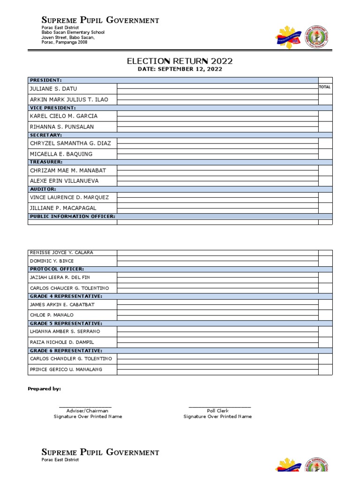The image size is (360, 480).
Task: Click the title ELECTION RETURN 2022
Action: point(180,61)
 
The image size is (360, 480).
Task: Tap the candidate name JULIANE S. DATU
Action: point(53,89)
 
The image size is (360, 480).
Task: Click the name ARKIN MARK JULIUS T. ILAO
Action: point(69,99)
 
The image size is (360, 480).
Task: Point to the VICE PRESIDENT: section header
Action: point(52,108)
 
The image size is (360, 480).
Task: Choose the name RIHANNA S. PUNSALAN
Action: point(62,127)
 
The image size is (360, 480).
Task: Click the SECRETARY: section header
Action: point(46,135)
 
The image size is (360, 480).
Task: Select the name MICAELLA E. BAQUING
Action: point(61,154)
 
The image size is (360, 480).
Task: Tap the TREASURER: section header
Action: point(46,162)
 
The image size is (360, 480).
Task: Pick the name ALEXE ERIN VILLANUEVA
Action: point(64,181)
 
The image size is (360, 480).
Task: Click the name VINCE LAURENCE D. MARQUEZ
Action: point(69,197)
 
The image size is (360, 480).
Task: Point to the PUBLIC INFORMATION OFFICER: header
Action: point(72,217)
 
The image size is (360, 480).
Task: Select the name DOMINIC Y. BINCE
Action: point(52,261)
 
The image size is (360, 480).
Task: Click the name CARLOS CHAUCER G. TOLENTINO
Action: point(69,288)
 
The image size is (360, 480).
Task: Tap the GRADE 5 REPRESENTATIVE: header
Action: point(66,323)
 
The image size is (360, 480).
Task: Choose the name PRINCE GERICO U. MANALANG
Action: point(66,369)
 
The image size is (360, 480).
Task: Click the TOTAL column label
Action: point(325,87)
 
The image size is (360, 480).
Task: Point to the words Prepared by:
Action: point(44,389)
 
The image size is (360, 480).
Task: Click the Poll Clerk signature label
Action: point(217,411)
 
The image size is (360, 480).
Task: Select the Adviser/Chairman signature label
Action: point(87,411)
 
